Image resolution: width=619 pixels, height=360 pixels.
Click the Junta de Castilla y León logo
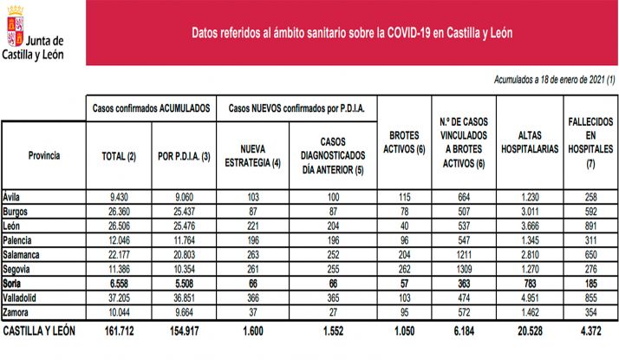(x=36, y=34)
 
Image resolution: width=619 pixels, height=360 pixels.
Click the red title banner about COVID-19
(x=352, y=31)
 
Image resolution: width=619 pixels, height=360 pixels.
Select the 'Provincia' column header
(x=43, y=155)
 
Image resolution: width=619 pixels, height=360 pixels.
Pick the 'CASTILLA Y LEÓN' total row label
(x=40, y=331)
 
